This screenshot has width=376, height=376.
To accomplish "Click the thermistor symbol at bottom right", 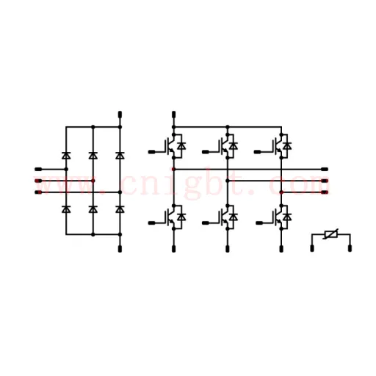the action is (331, 234).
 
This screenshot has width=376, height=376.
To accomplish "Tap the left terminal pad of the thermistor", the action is (312, 248).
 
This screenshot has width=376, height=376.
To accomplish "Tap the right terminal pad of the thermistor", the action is (350, 248).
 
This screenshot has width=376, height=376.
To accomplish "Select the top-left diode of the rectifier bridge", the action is (66, 155).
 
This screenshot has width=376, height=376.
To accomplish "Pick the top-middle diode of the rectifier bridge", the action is (93, 155).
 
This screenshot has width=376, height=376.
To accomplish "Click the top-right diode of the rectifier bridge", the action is (120, 155).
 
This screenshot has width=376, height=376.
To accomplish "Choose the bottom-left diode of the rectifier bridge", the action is (66, 209).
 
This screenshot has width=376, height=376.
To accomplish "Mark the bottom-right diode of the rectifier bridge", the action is (120, 209).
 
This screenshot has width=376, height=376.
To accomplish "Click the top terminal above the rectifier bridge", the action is (120, 115).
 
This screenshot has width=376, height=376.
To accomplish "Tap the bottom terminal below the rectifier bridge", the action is (120, 249).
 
